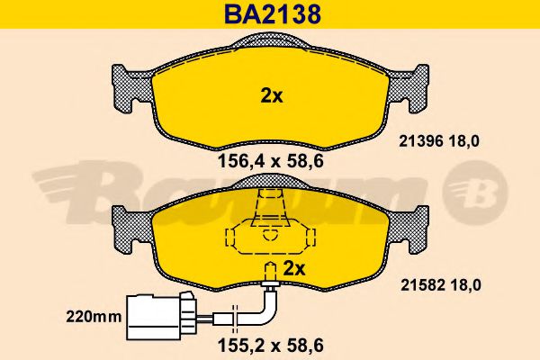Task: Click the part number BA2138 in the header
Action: [270, 14]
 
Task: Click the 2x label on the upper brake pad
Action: [271, 96]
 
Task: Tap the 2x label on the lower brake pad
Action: [295, 267]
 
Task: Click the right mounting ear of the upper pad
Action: [410, 85]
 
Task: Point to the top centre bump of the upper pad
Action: [270, 40]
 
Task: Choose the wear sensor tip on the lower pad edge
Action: [269, 284]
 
